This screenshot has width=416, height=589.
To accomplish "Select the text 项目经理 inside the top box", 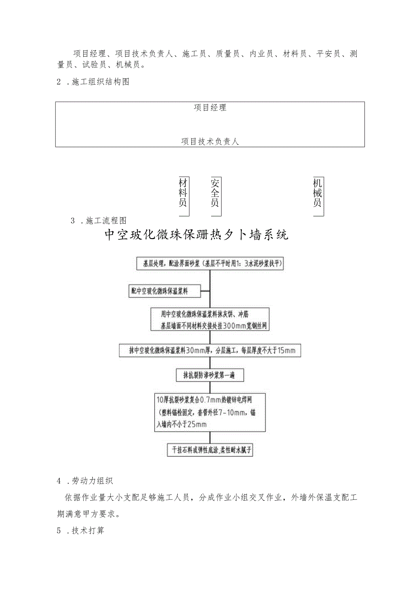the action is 210,108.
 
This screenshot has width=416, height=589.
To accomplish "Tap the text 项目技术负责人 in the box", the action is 210,142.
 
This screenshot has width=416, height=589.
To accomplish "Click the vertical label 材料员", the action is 183,192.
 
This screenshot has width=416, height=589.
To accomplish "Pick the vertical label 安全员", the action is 215,192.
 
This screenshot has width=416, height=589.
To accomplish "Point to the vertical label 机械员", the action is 318,192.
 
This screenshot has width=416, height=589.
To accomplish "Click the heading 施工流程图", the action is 106,220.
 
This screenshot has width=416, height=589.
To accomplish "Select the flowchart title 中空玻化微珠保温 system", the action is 196,235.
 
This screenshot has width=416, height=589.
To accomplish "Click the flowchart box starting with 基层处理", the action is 210,264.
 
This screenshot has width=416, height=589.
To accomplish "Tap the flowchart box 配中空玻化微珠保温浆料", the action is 165,292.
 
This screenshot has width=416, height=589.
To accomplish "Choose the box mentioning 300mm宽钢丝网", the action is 210,319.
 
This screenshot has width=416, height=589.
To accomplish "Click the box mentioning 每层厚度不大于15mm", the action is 210,350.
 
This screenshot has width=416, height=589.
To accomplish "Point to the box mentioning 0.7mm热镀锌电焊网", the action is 209,412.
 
